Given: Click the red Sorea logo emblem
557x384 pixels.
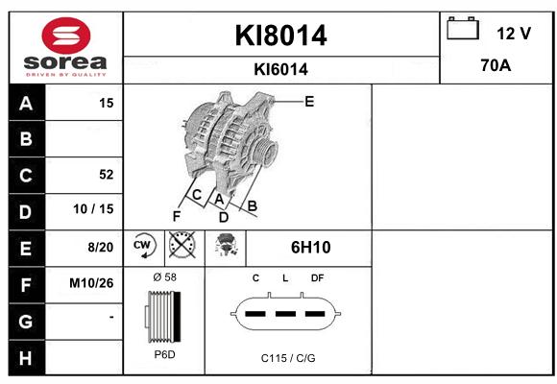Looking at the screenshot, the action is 66,36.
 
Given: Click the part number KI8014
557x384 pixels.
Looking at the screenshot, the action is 280,36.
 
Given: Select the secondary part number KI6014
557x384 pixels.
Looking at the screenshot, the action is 280,69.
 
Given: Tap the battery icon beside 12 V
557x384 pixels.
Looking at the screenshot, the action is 463,28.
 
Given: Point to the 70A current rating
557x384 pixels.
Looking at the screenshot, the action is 496,65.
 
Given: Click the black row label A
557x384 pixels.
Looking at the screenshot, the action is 27,103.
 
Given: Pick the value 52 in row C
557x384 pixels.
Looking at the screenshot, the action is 107,175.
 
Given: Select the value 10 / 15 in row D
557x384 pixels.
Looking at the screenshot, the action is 93,209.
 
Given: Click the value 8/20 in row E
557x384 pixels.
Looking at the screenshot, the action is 101,247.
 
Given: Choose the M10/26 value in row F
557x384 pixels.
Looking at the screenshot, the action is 91,283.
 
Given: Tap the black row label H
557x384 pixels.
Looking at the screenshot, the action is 27,358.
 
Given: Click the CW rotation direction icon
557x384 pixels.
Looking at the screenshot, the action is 143,246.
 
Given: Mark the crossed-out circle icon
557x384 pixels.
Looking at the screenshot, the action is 182,245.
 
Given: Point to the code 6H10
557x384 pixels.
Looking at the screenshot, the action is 311,248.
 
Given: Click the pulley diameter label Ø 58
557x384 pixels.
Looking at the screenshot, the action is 165,277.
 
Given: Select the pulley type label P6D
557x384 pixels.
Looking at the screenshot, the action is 165,354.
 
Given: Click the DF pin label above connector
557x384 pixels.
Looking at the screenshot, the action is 317,278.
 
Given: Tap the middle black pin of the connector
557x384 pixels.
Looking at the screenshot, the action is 285,314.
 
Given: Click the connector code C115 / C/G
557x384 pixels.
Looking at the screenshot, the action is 288,358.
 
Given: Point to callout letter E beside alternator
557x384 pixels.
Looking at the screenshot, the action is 309,102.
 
